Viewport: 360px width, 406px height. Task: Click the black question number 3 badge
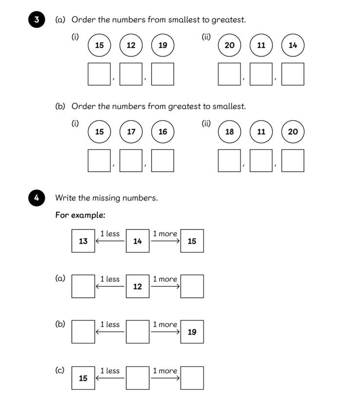tap(37, 20)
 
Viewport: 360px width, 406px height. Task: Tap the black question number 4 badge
tap(37, 198)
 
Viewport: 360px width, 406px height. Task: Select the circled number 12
tap(131, 45)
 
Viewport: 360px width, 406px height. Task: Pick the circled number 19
tap(163, 45)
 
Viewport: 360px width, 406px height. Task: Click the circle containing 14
tap(293, 45)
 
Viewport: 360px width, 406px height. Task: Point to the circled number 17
tap(131, 132)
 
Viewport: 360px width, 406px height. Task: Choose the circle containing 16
tap(163, 132)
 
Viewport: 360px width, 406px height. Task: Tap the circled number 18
tap(229, 132)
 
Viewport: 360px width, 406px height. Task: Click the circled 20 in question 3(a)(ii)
tap(229, 45)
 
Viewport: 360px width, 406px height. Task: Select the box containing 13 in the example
tap(83, 241)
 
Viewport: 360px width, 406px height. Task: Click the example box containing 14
tap(138, 241)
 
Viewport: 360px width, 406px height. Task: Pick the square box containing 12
tap(138, 286)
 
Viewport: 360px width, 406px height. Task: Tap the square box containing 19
tap(192, 332)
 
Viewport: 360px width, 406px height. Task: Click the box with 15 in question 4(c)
tap(83, 378)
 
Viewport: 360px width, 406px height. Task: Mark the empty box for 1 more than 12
tap(192, 286)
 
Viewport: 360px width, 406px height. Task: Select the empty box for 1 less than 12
tap(83, 286)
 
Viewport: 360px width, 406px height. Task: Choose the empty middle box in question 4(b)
tap(138, 332)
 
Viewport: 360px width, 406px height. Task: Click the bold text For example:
tap(80, 215)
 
